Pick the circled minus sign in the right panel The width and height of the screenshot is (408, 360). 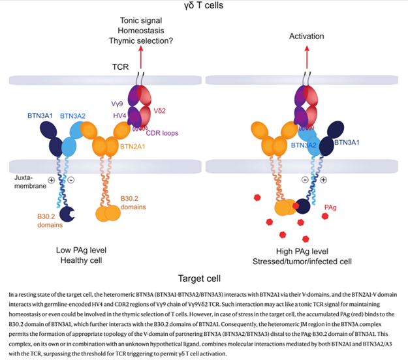pos(304,178)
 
